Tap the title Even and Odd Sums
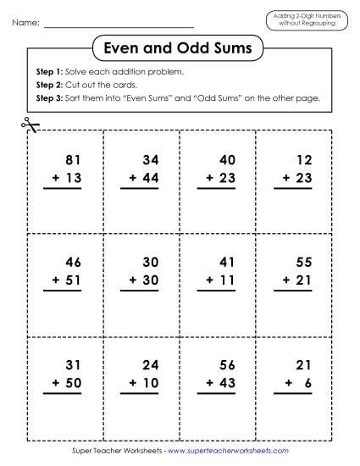coord(180,49)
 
